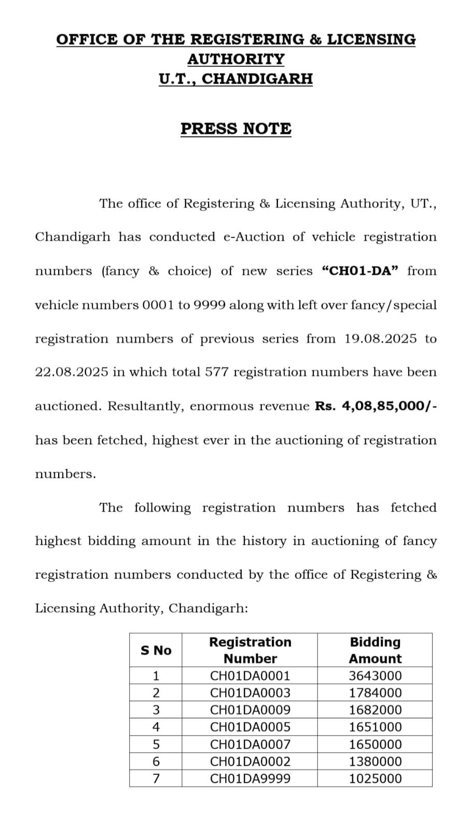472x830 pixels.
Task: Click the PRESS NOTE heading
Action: pyautogui.click(x=236, y=129)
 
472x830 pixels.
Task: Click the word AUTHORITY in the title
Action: pyautogui.click(x=236, y=59)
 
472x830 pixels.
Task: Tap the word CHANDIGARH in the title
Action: pyautogui.click(x=257, y=79)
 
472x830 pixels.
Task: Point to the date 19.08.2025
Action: pyautogui.click(x=380, y=339)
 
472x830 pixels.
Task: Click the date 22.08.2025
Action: pyautogui.click(x=72, y=372)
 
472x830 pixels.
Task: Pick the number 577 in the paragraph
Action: pyautogui.click(x=217, y=372)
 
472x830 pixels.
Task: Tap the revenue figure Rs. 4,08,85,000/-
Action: pyautogui.click(x=376, y=406)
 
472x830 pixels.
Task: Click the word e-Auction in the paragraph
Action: pyautogui.click(x=254, y=237)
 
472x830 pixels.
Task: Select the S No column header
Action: pyautogui.click(x=156, y=651)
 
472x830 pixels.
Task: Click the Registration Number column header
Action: pyautogui.click(x=250, y=651)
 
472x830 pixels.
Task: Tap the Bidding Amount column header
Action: pyautogui.click(x=375, y=651)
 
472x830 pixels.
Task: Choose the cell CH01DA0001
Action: pyautogui.click(x=250, y=676)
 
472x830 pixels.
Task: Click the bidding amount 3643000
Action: pyautogui.click(x=375, y=676)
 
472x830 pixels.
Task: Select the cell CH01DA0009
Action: pyautogui.click(x=250, y=710)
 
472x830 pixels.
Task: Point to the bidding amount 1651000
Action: pyautogui.click(x=375, y=727)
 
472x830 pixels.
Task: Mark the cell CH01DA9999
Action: pyautogui.click(x=250, y=779)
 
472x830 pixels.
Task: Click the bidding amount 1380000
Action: pyautogui.click(x=375, y=762)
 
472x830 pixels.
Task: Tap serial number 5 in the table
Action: pyautogui.click(x=156, y=744)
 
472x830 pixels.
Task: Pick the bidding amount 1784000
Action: pyautogui.click(x=375, y=693)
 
